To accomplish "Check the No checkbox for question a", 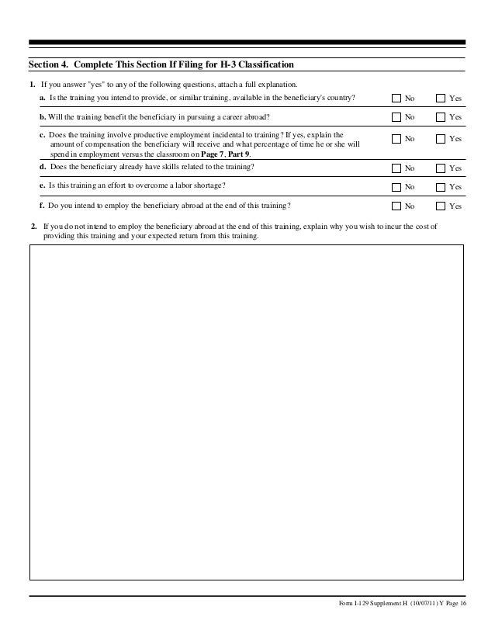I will tap(396, 99).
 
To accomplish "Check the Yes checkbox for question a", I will tap(441, 99).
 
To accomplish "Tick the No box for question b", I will tap(396, 117).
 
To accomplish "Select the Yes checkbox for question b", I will tap(441, 117).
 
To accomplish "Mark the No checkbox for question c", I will tap(396, 139).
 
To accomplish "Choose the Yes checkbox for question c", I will tap(441, 139).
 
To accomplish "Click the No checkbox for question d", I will tap(396, 168).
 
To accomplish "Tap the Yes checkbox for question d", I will tap(441, 168).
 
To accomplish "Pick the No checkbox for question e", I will tap(396, 187).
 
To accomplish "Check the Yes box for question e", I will tap(441, 187).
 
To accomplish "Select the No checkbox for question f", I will tap(396, 206).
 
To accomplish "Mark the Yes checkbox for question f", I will tap(441, 206).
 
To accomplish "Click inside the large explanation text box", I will tap(247, 411).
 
